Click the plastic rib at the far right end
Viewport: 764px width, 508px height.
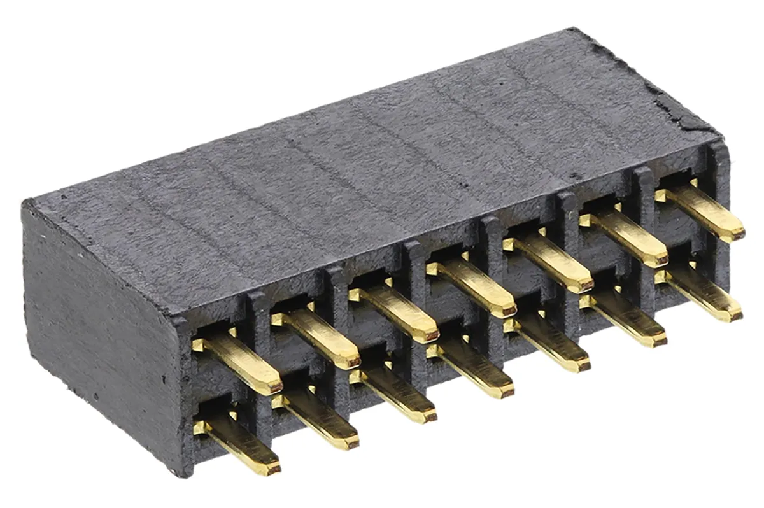coord(719,210)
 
